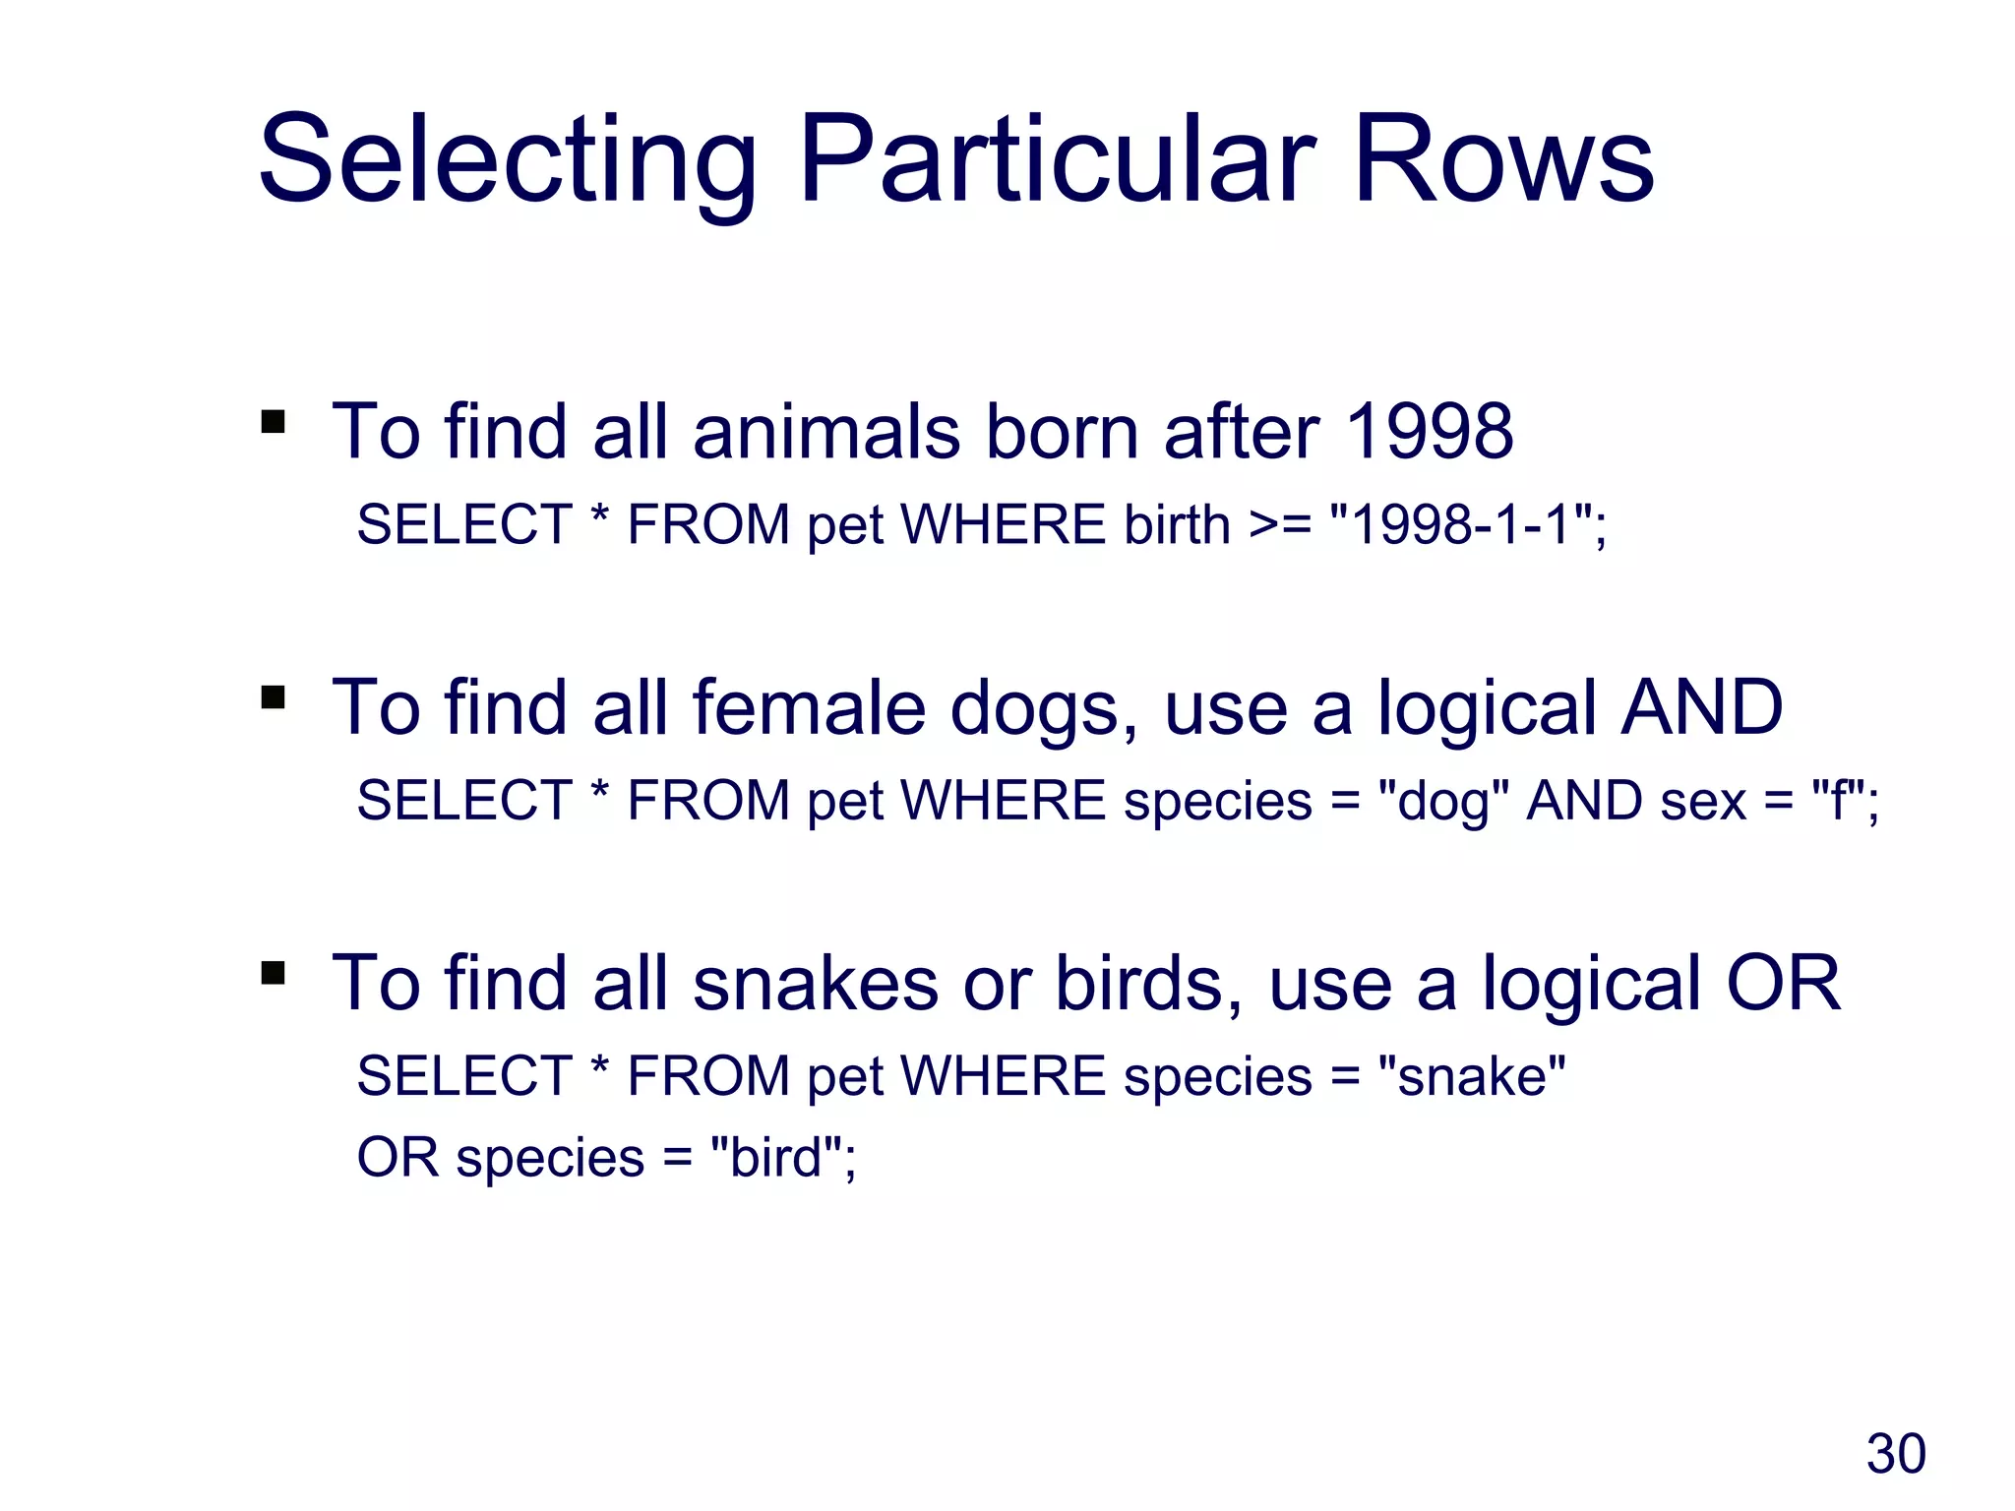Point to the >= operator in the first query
pos(1279,524)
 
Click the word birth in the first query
pos(1177,524)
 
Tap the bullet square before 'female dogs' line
pos(273,698)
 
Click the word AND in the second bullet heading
pos(1701,707)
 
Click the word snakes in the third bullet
pos(816,983)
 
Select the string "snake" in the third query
pos(1471,1076)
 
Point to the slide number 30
pos(1895,1454)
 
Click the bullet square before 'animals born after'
pos(273,423)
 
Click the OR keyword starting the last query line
pos(397,1158)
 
